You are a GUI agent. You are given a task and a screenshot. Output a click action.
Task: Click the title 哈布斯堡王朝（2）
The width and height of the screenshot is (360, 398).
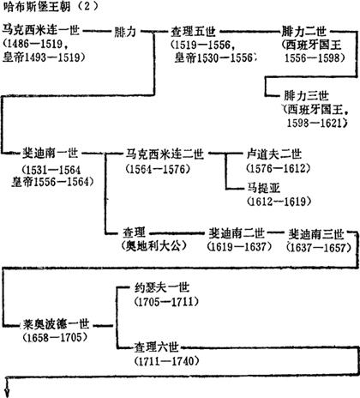point(51,6)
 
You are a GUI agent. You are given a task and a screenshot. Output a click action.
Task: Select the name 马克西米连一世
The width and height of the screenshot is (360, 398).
point(41,30)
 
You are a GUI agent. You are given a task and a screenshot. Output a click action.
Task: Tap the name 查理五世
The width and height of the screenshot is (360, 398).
point(193,32)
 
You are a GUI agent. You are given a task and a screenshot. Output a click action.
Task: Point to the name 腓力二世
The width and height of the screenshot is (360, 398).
point(303,31)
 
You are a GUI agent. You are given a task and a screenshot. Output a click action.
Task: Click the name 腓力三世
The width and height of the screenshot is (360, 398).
point(306,96)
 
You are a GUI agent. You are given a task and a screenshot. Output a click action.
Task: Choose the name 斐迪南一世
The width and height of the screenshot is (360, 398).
point(51,154)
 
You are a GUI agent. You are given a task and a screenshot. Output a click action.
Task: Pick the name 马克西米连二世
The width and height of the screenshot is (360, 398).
point(165,154)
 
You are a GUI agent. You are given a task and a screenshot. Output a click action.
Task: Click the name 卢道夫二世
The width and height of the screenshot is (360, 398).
point(274,154)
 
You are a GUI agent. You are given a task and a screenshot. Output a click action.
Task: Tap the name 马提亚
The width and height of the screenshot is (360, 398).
point(263,188)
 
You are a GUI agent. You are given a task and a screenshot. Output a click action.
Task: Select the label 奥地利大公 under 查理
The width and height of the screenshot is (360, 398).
point(154,245)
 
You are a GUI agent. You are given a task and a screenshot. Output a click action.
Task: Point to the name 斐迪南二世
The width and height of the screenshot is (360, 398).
point(237,233)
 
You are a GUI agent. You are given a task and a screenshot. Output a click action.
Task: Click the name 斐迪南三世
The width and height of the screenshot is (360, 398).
point(316,234)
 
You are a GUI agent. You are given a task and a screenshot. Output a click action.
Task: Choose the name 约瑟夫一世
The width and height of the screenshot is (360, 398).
point(162,287)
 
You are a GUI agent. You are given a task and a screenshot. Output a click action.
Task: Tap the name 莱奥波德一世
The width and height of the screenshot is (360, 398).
point(57,324)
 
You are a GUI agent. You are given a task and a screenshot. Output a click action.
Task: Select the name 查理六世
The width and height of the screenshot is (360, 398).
point(157,347)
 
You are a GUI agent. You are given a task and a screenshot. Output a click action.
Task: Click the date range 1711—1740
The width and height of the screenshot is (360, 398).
point(166,361)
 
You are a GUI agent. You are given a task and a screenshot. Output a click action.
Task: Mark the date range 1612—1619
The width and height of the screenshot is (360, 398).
point(279,202)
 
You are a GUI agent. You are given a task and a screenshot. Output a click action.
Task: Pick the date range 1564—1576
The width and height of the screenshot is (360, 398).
point(158,169)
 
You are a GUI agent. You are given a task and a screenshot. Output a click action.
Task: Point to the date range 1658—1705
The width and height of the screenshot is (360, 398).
point(55,338)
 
